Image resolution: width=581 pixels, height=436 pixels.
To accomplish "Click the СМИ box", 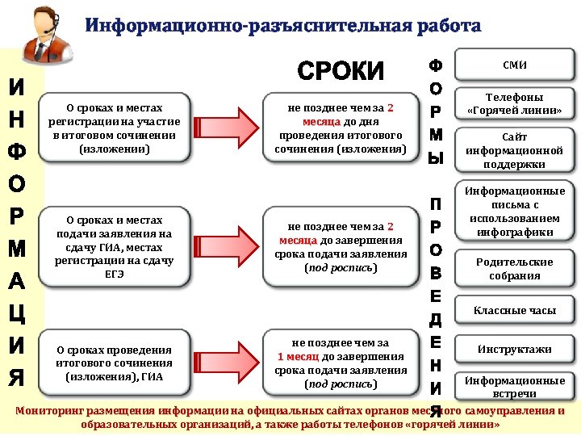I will [x=514, y=64].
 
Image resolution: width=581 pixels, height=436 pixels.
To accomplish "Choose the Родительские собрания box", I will [x=514, y=269].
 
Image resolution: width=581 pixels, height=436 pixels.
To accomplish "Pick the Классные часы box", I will [x=514, y=310].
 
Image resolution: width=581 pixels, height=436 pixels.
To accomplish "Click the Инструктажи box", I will [x=514, y=349].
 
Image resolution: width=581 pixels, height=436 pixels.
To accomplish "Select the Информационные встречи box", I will [x=514, y=386].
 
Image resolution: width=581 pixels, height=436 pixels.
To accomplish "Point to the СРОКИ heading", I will [x=341, y=72].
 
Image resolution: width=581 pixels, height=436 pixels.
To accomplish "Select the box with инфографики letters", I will [x=514, y=212].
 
